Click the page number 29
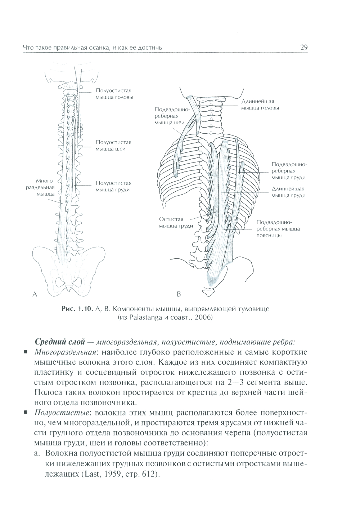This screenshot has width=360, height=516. pos(303,48)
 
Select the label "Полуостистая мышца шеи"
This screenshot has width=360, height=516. pos(113,146)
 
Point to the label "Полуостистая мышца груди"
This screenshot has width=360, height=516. pos(113,186)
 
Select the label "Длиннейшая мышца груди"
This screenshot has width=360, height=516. pos(288,192)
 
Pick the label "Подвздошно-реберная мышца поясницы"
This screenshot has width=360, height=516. pos(278,229)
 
